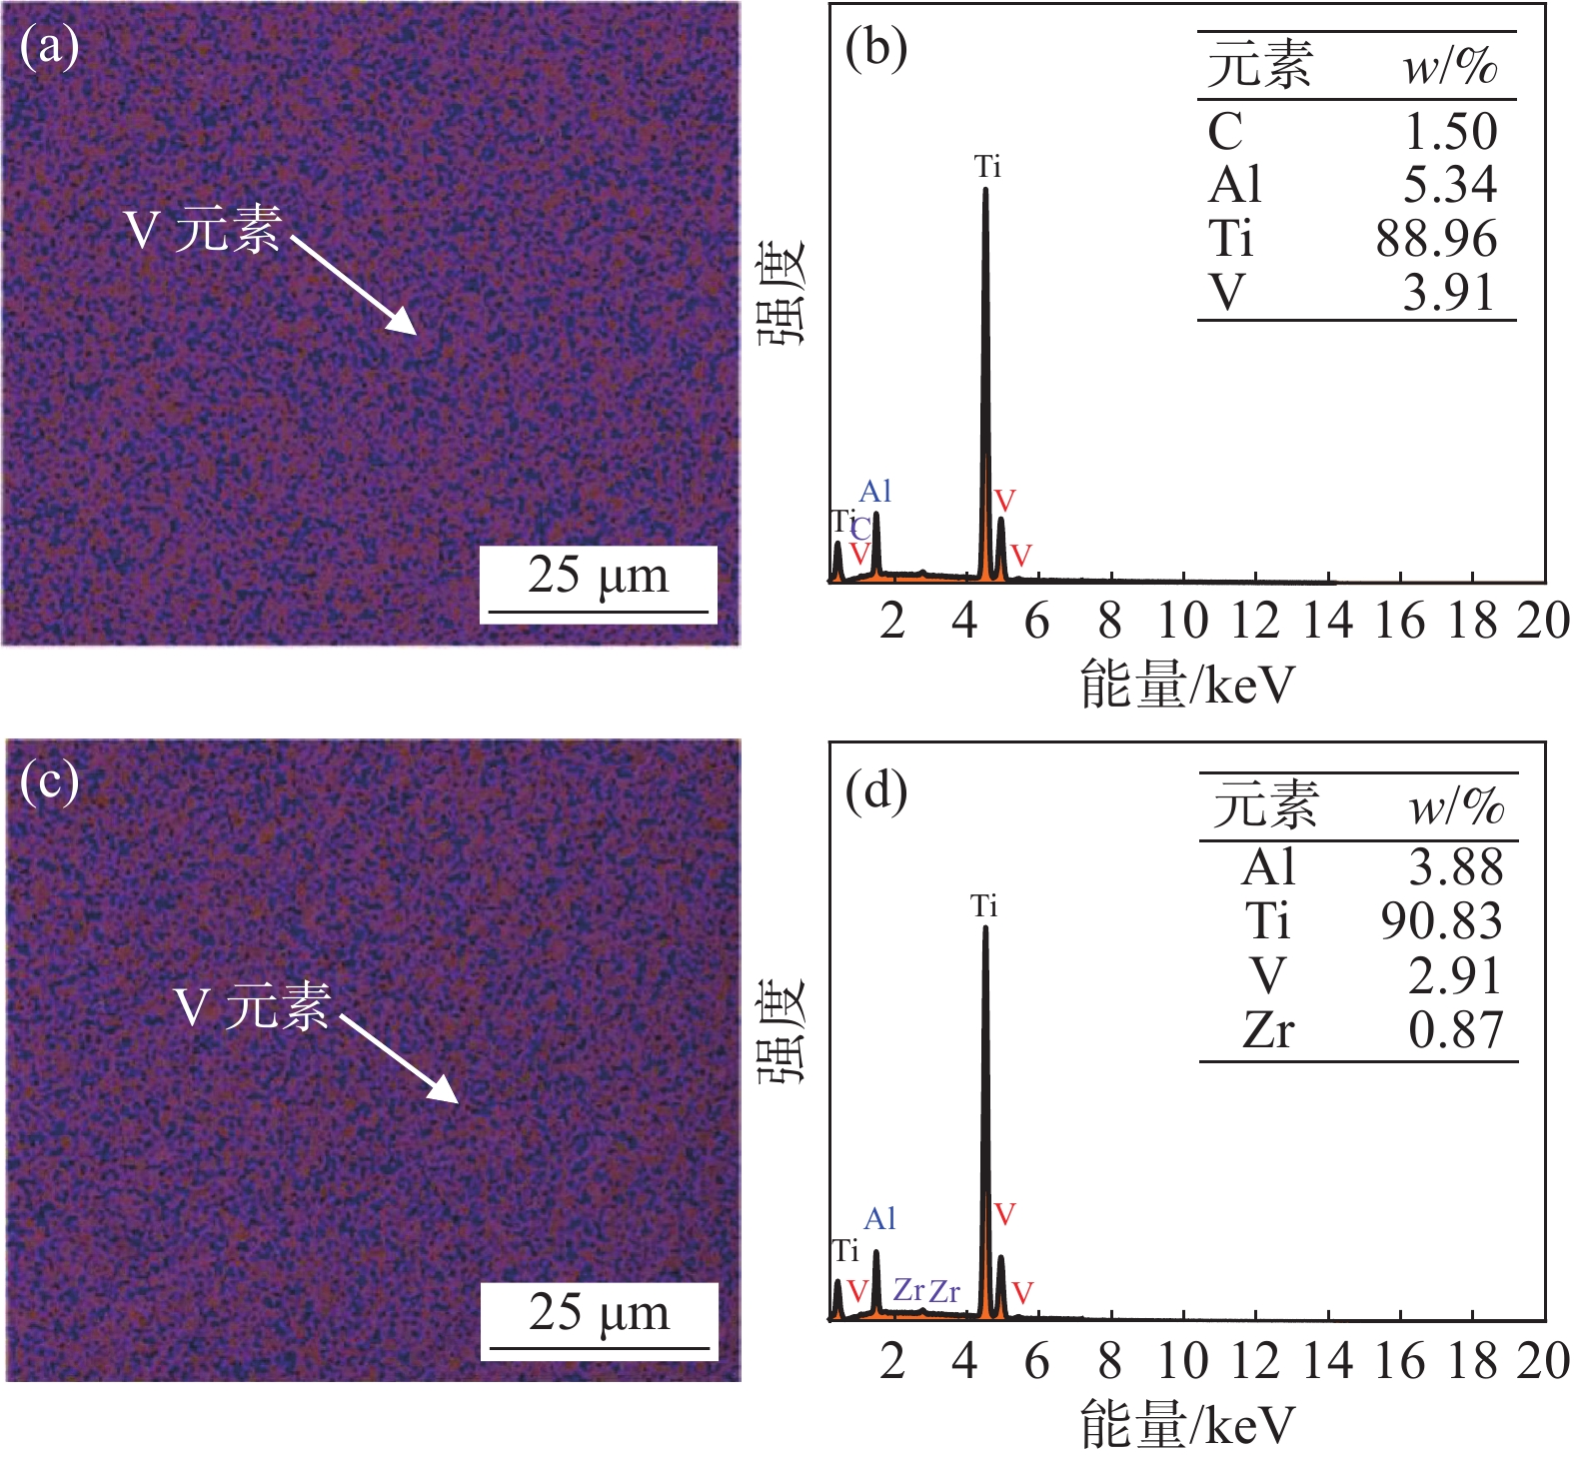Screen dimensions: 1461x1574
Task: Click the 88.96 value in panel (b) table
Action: click(1436, 240)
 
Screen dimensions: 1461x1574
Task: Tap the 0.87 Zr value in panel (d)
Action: click(1455, 1030)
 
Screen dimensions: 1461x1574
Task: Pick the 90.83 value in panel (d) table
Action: click(1441, 921)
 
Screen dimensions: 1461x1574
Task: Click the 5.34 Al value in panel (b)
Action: click(1450, 185)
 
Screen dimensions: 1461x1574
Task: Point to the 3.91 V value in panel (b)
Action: click(1448, 294)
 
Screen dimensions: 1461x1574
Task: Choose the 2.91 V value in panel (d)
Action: click(1455, 976)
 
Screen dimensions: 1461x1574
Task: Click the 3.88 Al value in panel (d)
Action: click(1455, 867)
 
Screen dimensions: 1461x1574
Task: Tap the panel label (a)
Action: click(49, 47)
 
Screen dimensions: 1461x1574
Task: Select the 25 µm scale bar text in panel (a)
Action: click(598, 577)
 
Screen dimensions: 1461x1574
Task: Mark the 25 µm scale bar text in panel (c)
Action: click(599, 1313)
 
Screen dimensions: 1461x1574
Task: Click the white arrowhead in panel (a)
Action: click(406, 324)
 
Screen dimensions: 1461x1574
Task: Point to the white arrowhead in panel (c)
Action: click(447, 1092)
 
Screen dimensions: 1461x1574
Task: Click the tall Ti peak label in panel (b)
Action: click(987, 167)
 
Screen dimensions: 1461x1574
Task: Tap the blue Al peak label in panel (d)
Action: click(879, 1219)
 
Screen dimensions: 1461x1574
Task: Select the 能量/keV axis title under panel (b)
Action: click(1187, 687)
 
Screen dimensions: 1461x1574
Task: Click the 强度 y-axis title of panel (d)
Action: click(780, 1031)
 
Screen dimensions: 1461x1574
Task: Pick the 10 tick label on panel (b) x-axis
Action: click(1182, 622)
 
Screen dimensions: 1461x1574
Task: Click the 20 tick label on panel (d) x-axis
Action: click(1543, 1361)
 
